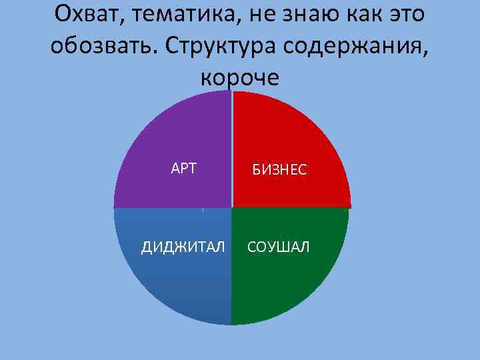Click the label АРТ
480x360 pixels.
[x=184, y=169]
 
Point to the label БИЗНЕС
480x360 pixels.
[x=279, y=170]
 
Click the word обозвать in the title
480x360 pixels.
[x=100, y=45]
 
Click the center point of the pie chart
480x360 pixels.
[x=231, y=208]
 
